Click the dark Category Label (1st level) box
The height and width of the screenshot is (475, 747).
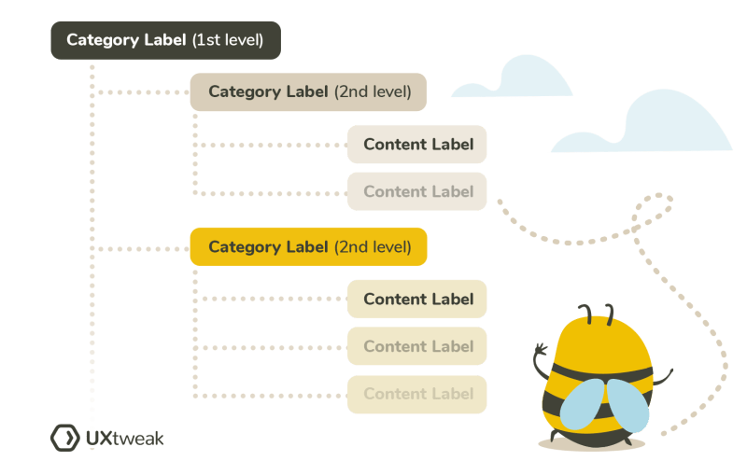pos(164,40)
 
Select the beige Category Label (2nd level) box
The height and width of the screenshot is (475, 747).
pos(308,91)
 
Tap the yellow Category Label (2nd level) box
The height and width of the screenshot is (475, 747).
pos(308,247)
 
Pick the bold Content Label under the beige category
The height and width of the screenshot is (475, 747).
pos(417,144)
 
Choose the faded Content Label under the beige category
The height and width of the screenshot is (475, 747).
pos(417,191)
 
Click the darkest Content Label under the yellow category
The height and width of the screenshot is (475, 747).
pos(417,299)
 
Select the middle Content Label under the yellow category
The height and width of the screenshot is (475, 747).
pos(417,346)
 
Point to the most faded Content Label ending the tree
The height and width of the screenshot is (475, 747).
pos(417,394)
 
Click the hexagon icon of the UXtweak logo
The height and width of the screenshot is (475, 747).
pos(63,437)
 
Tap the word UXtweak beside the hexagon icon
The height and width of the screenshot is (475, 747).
pos(123,438)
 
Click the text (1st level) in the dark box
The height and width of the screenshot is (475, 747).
pos(228,41)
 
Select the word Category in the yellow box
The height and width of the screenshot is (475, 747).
pos(242,247)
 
